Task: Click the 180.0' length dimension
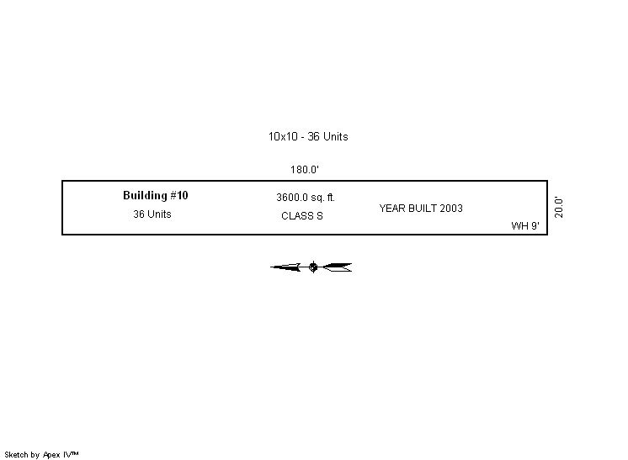305,170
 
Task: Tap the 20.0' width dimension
559,207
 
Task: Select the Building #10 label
156,196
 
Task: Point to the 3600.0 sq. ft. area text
306,198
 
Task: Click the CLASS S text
302,216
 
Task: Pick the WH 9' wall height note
525,226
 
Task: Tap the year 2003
451,209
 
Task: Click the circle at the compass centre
313,267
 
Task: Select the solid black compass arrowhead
285,267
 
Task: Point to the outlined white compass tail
338,267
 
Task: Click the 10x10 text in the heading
283,137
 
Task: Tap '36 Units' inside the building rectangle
152,214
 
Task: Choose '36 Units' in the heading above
327,137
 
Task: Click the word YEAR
392,209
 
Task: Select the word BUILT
423,209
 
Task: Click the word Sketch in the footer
17,455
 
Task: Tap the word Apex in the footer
51,455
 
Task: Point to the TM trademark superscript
74,453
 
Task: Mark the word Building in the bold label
145,196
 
